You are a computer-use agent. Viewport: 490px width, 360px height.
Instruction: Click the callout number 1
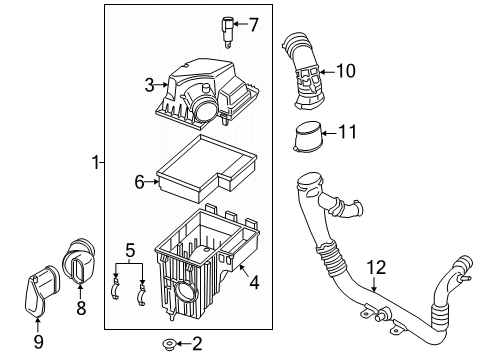click(x=96, y=162)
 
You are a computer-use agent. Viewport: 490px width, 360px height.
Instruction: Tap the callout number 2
click(x=197, y=345)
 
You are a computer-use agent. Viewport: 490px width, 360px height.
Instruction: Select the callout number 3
click(x=149, y=85)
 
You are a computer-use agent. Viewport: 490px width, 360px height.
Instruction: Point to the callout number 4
click(x=254, y=283)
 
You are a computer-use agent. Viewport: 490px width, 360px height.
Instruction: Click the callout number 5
click(x=130, y=249)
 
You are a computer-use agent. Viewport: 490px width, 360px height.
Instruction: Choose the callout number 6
click(x=140, y=181)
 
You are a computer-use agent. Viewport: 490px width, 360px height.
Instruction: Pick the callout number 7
click(x=253, y=24)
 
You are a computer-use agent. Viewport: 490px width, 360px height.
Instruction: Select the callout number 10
click(x=345, y=71)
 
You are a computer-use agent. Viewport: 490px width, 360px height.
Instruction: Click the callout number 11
click(x=348, y=130)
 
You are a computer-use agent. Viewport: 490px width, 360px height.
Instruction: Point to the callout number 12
click(x=375, y=267)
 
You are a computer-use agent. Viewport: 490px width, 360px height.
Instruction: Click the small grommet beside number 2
click(x=168, y=345)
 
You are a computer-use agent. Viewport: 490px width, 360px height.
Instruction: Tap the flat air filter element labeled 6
click(x=205, y=169)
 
